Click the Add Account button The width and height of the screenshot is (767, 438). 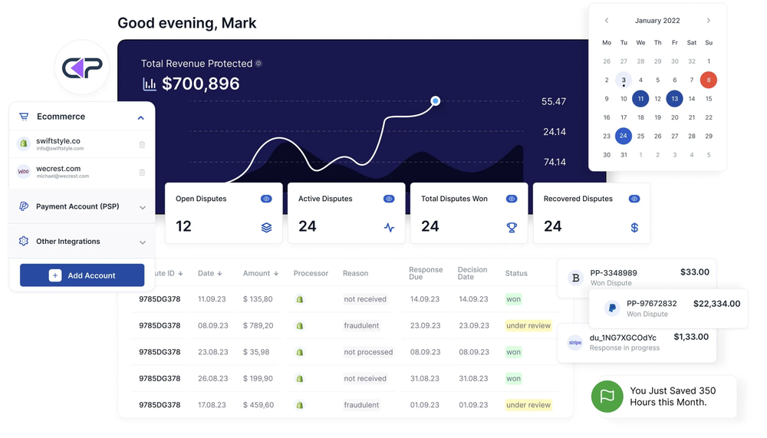point(82,275)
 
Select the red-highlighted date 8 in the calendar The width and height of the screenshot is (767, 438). point(708,80)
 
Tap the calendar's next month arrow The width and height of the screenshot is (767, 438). point(708,21)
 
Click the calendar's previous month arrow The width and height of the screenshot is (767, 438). point(607,21)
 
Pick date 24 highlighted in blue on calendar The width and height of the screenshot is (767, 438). point(624,136)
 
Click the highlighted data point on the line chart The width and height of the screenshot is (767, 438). point(435,100)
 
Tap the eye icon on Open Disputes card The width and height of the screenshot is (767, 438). point(266,199)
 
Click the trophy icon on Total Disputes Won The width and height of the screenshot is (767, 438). point(512,227)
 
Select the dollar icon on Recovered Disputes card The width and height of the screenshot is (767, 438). point(634,227)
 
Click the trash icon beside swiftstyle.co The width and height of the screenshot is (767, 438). point(142,144)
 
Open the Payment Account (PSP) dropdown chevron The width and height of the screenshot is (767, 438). point(142,207)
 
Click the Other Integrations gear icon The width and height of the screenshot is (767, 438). point(24,241)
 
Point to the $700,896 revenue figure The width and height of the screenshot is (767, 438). point(200,84)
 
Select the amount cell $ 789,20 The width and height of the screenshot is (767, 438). point(258,325)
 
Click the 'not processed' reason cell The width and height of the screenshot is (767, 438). point(368,352)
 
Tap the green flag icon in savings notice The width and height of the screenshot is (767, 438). point(607,397)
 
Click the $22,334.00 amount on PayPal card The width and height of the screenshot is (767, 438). point(716,304)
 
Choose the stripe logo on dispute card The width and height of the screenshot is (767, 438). point(574,343)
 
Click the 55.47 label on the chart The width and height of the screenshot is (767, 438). point(553,101)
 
